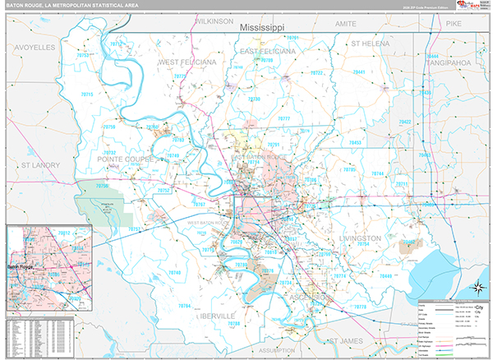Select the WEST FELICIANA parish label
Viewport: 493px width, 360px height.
pyautogui.click(x=187, y=62)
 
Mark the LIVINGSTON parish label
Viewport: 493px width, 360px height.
pyautogui.click(x=360, y=238)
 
